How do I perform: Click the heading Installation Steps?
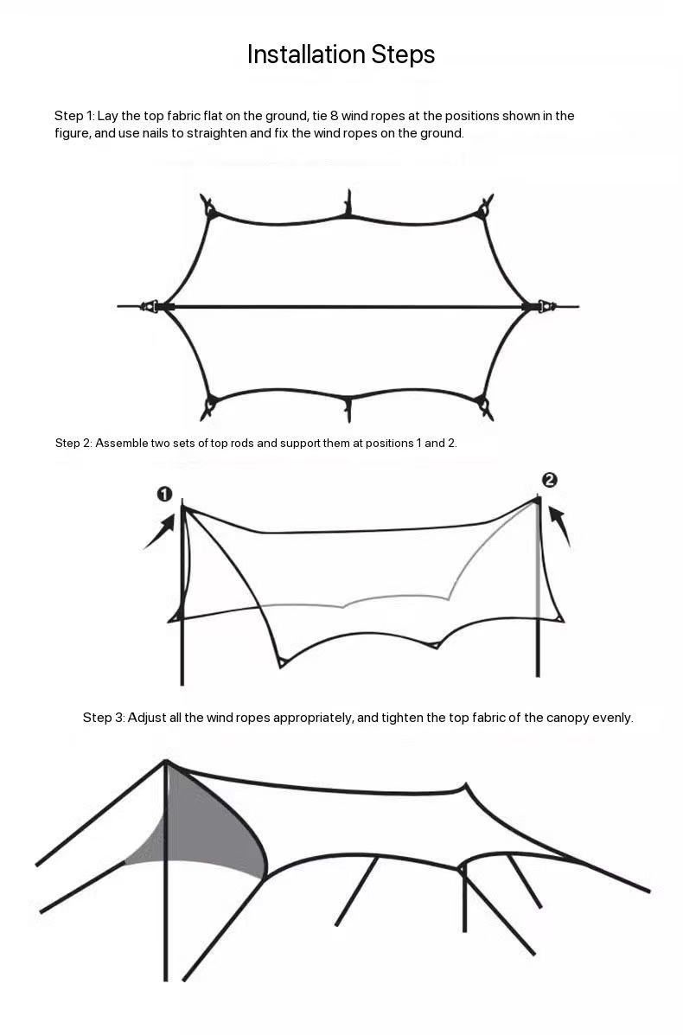pyautogui.click(x=341, y=54)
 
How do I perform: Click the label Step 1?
pyautogui.click(x=74, y=116)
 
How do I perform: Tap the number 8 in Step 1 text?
pyautogui.click(x=335, y=116)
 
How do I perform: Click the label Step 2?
pyautogui.click(x=73, y=443)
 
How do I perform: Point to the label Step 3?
pyautogui.click(x=104, y=718)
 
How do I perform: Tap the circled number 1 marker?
pyautogui.click(x=164, y=494)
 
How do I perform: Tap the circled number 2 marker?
pyautogui.click(x=549, y=480)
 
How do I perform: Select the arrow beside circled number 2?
pyautogui.click(x=559, y=526)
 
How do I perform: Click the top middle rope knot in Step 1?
pyautogui.click(x=348, y=205)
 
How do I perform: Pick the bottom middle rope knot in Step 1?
pyautogui.click(x=348, y=409)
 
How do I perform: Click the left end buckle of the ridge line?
pyautogui.click(x=151, y=306)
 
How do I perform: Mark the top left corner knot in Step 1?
pyautogui.click(x=209, y=208)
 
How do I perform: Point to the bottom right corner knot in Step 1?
pyautogui.click(x=484, y=406)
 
